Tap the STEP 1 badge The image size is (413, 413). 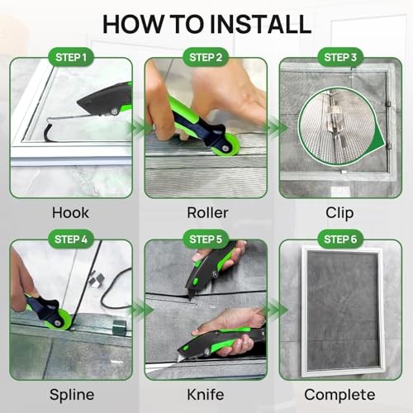click(x=71, y=58)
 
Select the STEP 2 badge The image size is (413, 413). click(x=206, y=58)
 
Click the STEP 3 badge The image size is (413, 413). click(x=339, y=58)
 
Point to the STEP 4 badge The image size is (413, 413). click(x=71, y=240)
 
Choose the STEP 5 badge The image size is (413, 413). click(x=206, y=240)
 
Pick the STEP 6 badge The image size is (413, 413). click(x=339, y=240)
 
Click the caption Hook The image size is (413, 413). click(x=71, y=213)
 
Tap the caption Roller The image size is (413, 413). click(x=206, y=213)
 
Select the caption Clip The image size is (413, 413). click(x=339, y=213)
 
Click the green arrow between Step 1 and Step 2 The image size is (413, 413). click(x=139, y=129)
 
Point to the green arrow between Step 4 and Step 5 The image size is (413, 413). click(x=140, y=311)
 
